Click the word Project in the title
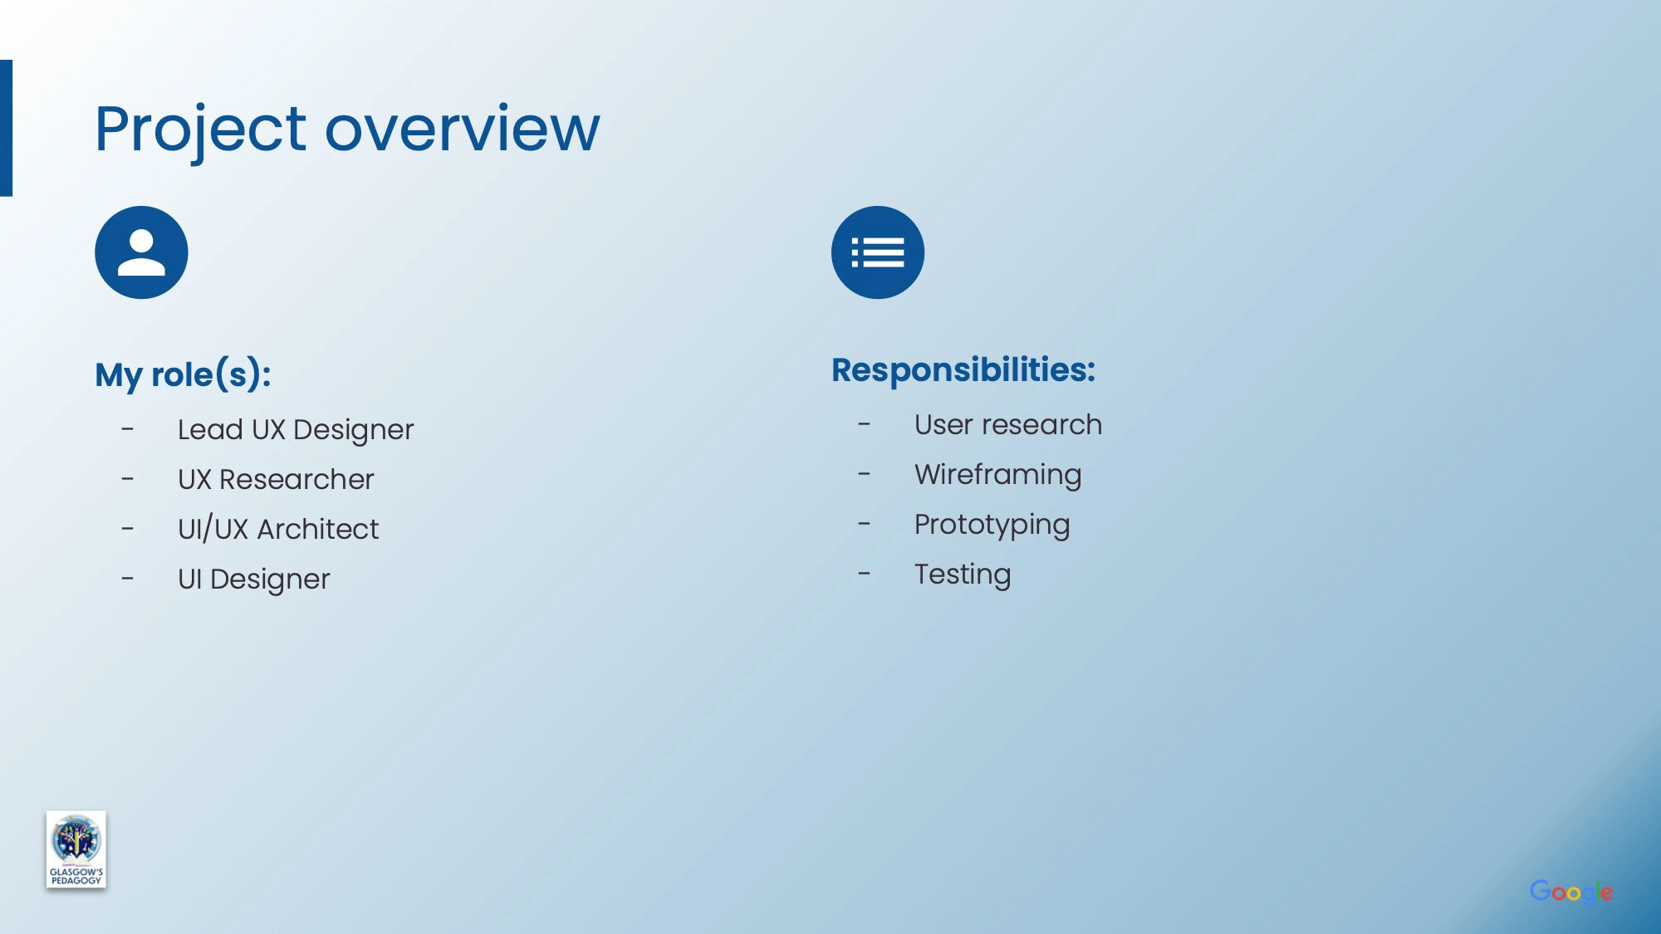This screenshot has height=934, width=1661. tap(201, 131)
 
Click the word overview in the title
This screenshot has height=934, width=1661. tap(462, 130)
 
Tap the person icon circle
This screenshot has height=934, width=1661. tap(141, 252)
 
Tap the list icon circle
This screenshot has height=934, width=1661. tap(878, 252)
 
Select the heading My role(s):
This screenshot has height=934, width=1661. tap(184, 375)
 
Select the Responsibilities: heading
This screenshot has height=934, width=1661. tap(963, 370)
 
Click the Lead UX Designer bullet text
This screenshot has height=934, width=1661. tap(296, 430)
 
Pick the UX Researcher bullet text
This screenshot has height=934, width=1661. tap(276, 479)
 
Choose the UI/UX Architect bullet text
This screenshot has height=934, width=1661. tap(278, 529)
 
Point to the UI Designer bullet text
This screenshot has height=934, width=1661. tap(254, 579)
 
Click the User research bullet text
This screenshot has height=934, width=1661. tap(1008, 424)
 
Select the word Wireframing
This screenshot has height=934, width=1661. tap(998, 475)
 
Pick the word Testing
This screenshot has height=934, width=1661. tap(963, 575)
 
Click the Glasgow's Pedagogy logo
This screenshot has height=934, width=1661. tap(76, 849)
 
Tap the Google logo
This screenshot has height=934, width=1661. tap(1571, 892)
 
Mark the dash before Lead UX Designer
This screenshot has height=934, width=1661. tap(127, 429)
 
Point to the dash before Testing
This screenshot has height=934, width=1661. tap(865, 574)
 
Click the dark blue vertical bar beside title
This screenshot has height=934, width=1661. tap(6, 128)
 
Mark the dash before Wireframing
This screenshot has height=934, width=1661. tap(865, 474)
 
